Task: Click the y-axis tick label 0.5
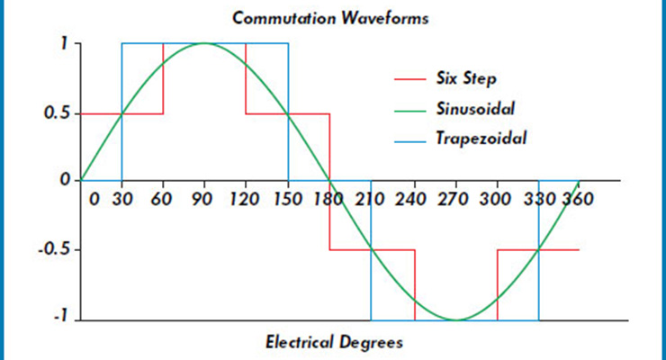56,113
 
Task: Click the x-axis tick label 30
121,199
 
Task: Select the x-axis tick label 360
576,199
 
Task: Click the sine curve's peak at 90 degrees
205,43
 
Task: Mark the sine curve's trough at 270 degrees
456,319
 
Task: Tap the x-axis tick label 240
413,199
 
